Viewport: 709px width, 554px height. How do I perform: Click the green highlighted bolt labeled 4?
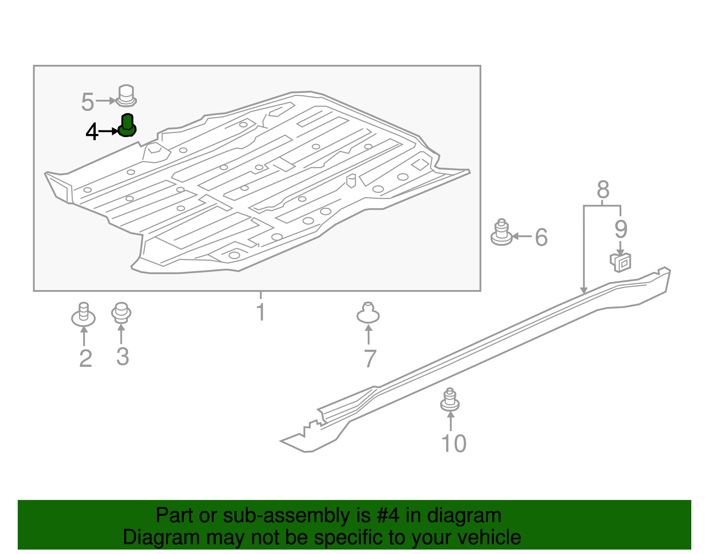[127, 126]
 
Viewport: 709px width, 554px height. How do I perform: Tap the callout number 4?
[92, 132]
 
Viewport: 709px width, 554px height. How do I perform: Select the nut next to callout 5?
[126, 96]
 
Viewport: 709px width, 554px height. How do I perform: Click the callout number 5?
[87, 102]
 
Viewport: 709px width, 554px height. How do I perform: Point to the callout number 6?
[541, 237]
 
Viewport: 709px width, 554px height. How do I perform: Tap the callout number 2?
[86, 358]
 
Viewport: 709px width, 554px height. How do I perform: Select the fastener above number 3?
[121, 313]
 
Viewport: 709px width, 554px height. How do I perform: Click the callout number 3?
[123, 357]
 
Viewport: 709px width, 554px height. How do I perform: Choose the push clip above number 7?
[368, 313]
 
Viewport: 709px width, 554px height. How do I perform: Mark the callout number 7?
[370, 358]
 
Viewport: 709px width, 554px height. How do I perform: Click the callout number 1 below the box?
[261, 312]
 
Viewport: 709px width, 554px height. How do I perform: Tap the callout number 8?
[603, 190]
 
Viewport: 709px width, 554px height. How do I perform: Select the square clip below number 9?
[621, 262]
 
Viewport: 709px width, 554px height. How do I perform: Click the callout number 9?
[621, 229]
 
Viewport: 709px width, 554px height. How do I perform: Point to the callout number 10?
[454, 444]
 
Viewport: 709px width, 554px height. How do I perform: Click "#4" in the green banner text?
[387, 515]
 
